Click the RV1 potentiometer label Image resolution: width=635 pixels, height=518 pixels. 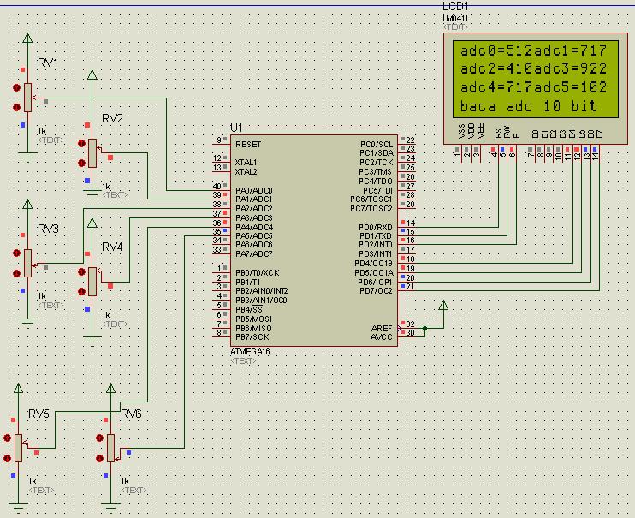pos(48,64)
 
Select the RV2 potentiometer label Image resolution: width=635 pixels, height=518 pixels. pos(112,118)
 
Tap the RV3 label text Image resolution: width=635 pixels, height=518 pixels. pos(48,229)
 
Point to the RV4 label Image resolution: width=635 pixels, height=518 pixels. pos(112,247)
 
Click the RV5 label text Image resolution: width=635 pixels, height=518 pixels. pos(39,414)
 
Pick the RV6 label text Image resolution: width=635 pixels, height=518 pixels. pos(131,414)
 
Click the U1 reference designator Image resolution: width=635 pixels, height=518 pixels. pos(236,128)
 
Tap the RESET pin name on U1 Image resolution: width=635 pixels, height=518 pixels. pos(248,144)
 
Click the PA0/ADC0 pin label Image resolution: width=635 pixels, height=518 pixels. pos(254,190)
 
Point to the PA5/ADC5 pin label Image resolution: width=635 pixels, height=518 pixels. pos(254,235)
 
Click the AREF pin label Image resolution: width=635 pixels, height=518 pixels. pos(382,327)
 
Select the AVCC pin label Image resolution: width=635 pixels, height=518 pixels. pos(382,336)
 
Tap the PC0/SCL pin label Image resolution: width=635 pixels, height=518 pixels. pos(377,144)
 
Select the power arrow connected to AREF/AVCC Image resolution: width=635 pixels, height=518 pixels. pos(442,307)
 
